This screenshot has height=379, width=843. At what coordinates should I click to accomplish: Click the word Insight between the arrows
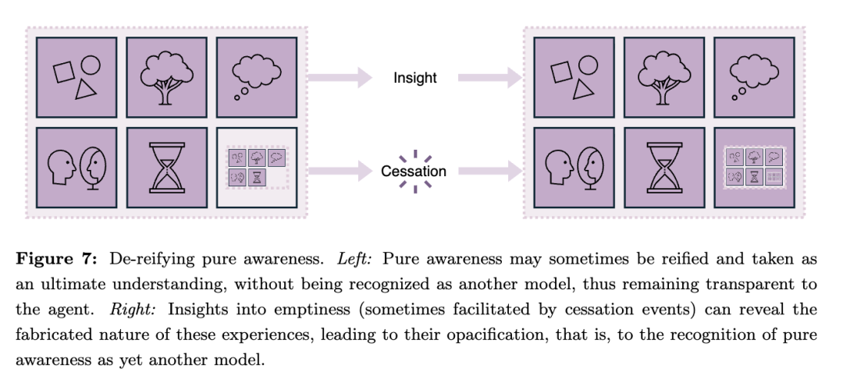414,78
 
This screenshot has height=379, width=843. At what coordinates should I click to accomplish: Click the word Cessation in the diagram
414,171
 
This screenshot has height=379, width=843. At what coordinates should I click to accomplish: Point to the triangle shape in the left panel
86,90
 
